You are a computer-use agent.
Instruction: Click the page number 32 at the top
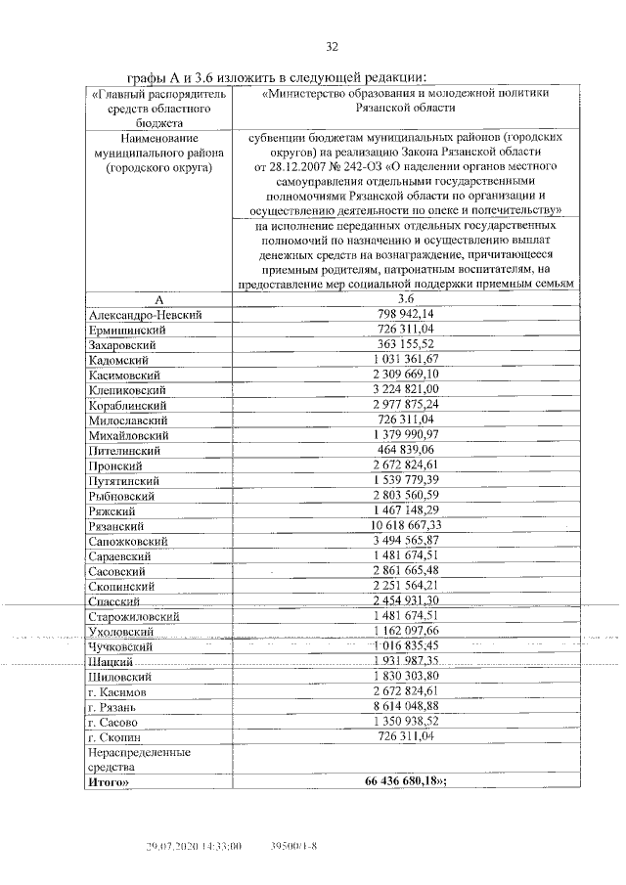point(332,47)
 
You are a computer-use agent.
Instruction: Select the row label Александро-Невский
point(144,316)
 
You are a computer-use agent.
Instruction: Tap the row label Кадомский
point(118,361)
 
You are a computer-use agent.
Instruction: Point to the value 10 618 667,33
point(406,525)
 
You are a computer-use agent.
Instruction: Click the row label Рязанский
point(117,526)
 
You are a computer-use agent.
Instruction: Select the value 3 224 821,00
point(406,390)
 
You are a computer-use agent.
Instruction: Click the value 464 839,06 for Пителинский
point(406,450)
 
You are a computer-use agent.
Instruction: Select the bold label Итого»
point(109,781)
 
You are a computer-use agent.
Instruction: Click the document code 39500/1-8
point(294,846)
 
